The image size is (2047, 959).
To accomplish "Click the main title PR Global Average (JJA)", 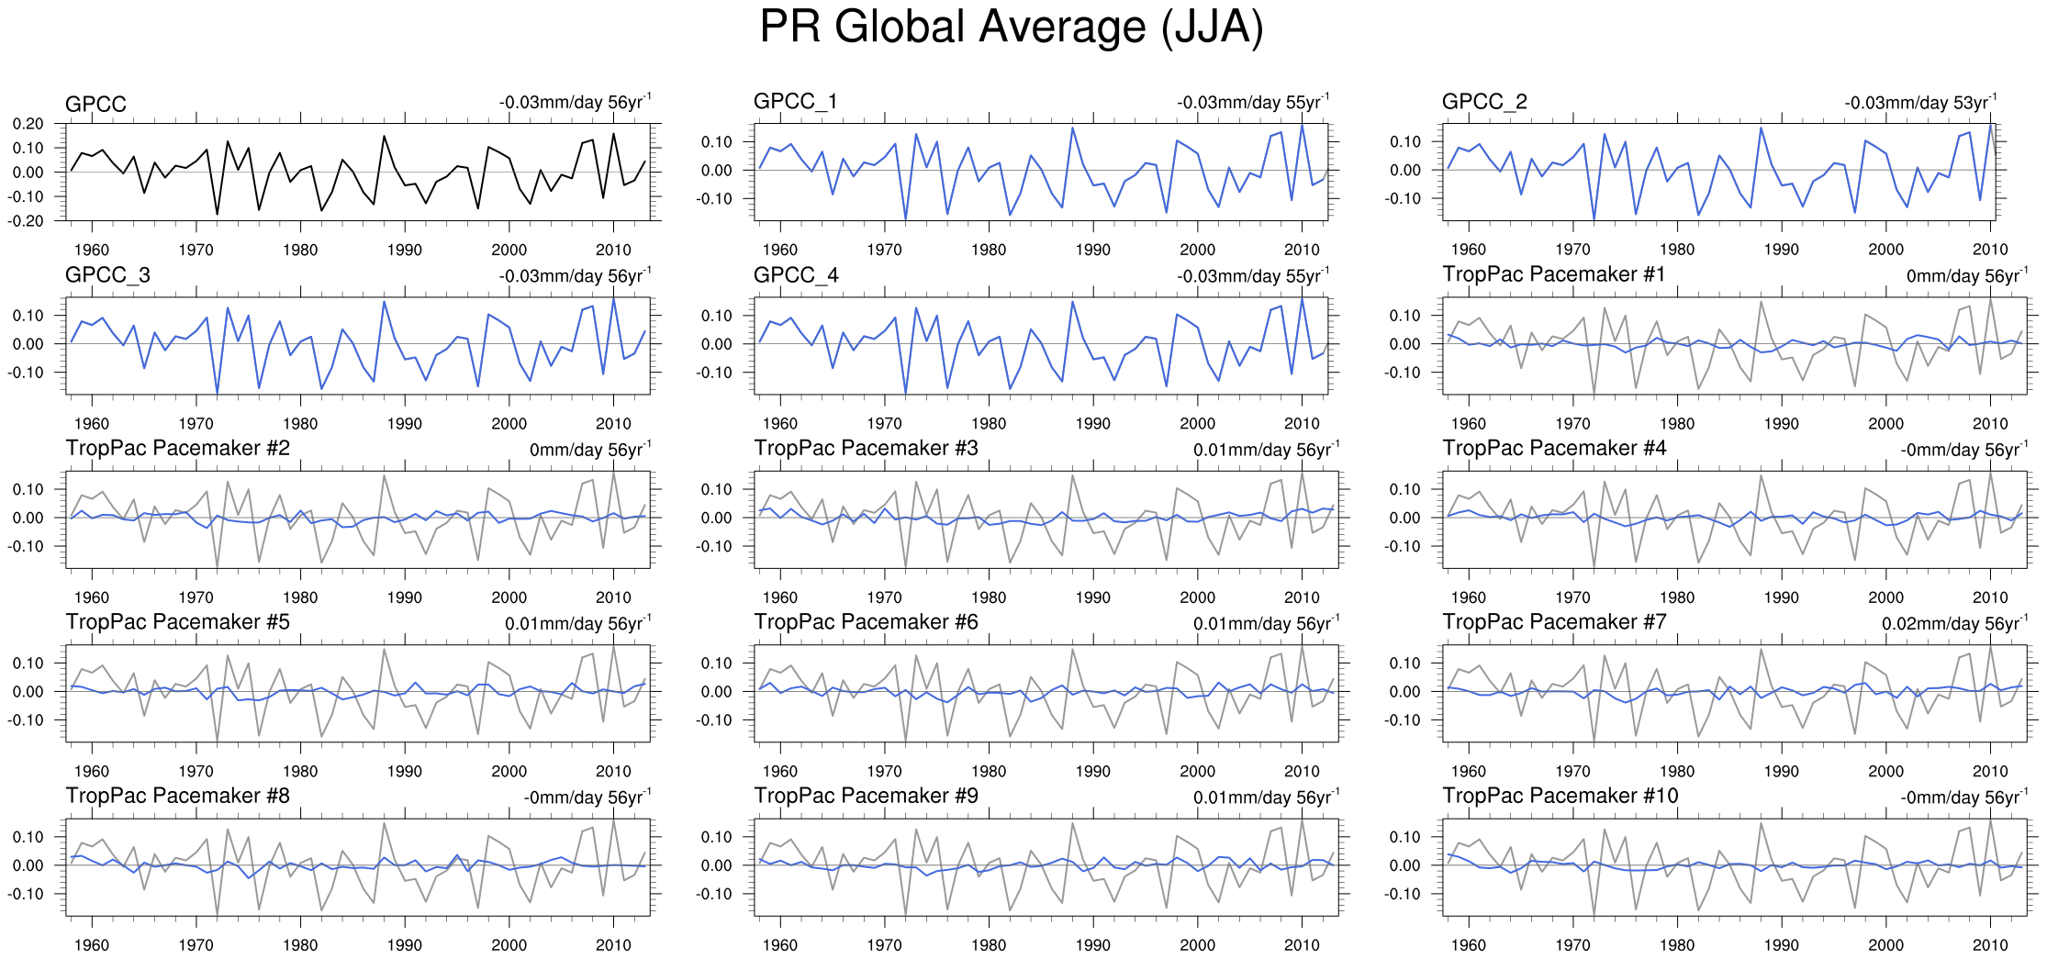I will pyautogui.click(x=1012, y=28).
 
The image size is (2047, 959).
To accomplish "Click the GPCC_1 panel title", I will pyautogui.click(x=795, y=101).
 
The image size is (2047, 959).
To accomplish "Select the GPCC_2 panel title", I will pyautogui.click(x=1484, y=101).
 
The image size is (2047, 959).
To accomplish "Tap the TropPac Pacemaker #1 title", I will pyautogui.click(x=1553, y=274).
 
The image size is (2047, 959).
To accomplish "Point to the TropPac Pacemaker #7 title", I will pyautogui.click(x=1554, y=622).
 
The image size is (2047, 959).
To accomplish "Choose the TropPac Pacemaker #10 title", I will pyautogui.click(x=1560, y=796).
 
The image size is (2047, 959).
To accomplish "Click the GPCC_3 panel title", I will pyautogui.click(x=107, y=275).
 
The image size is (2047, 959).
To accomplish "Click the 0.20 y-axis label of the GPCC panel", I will pyautogui.click(x=28, y=124).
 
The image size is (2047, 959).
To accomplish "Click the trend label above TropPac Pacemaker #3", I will pyautogui.click(x=1266, y=450).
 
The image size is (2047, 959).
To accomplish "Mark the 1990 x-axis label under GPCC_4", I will pyautogui.click(x=1092, y=424).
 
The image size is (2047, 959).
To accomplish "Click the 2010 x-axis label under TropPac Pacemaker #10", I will pyautogui.click(x=1990, y=945).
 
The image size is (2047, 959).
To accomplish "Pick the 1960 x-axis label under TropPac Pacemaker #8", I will pyautogui.click(x=91, y=945).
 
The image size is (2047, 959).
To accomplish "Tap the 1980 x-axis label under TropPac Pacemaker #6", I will pyautogui.click(x=989, y=772).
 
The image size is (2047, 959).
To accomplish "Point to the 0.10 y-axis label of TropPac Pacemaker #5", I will pyautogui.click(x=28, y=663).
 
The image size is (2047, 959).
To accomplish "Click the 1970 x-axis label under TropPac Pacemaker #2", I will pyautogui.click(x=196, y=597).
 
